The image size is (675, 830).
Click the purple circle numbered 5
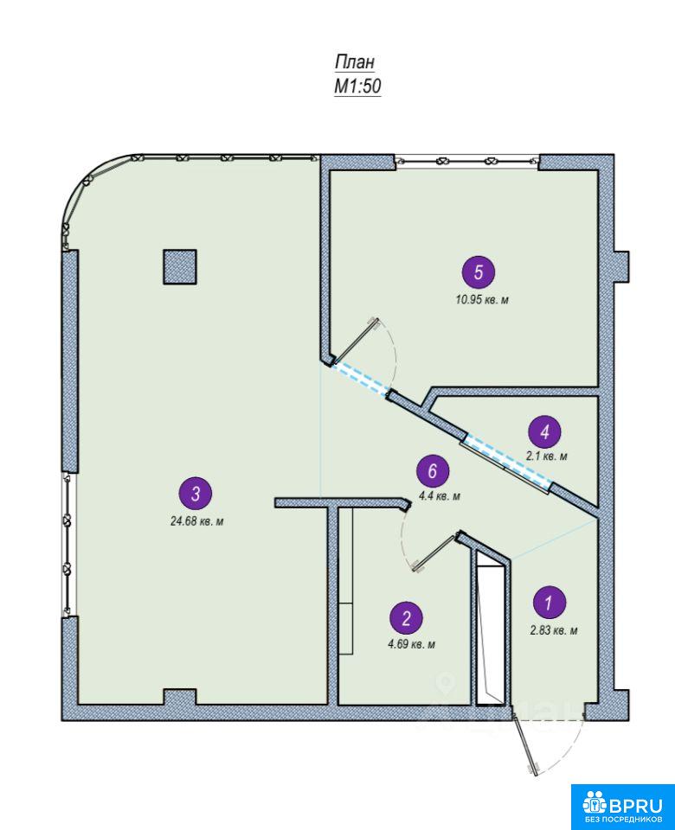479,272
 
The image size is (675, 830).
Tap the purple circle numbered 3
196,494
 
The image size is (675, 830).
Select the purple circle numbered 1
549,603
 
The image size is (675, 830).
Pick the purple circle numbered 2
407,618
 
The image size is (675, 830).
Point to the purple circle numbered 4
544,432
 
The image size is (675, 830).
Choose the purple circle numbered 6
433,471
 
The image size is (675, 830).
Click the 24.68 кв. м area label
196,521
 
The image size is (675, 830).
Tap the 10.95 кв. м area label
482,300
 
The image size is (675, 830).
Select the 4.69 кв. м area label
412,645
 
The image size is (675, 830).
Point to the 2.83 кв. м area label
554,630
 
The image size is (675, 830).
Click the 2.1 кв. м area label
546,456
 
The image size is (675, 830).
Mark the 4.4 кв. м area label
440,496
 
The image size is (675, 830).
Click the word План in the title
355,61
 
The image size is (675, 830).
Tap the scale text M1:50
357,86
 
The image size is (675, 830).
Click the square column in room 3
180,267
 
